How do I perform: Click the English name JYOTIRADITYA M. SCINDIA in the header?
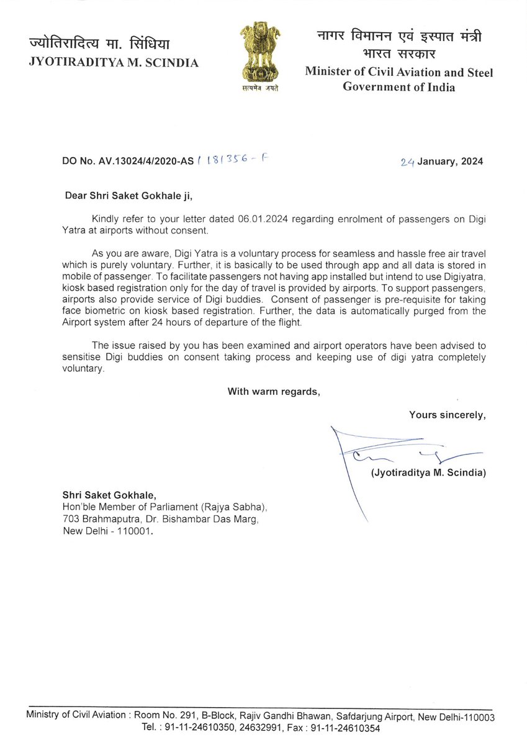(x=114, y=63)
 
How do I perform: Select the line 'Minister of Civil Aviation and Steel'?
(x=399, y=73)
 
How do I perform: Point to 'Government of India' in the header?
(x=399, y=87)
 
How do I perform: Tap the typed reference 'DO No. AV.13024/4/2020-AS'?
(x=128, y=161)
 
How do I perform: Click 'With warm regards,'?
(x=273, y=391)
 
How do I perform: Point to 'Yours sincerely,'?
(x=446, y=415)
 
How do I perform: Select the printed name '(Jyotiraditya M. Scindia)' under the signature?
(x=428, y=473)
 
